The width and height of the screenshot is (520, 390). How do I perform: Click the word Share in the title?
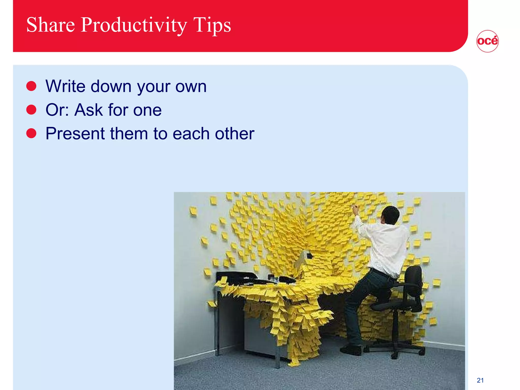(x=51, y=25)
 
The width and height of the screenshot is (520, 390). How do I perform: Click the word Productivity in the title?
(x=134, y=25)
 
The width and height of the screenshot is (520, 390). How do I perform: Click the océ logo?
(x=487, y=41)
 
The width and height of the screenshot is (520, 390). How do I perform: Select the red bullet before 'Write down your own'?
(x=31, y=86)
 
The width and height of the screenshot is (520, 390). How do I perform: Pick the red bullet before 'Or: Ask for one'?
(x=31, y=110)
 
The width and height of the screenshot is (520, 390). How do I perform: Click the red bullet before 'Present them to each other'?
(x=31, y=133)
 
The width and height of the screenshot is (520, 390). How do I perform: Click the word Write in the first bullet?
(x=66, y=86)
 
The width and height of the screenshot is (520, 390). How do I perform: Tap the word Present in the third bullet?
(x=75, y=133)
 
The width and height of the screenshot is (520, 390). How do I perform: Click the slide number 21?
(x=480, y=380)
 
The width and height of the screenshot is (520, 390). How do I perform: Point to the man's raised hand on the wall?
(x=355, y=209)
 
